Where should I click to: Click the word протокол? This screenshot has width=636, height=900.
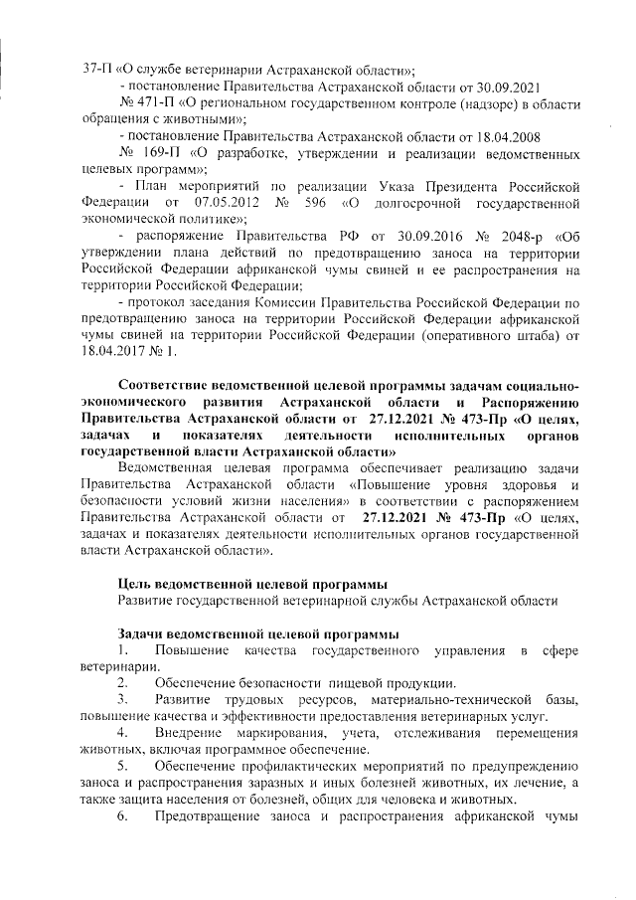(162, 303)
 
